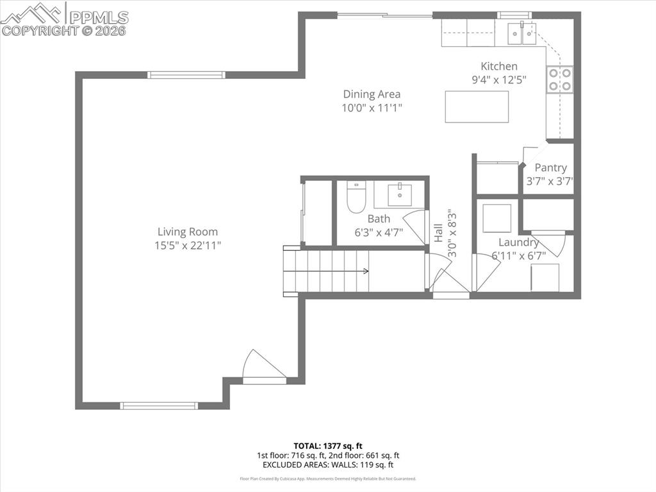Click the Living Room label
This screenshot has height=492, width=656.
(x=188, y=232)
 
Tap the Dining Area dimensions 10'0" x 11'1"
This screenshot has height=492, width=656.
(x=372, y=108)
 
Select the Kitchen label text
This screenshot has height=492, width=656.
(x=499, y=66)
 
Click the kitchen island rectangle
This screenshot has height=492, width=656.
(x=477, y=106)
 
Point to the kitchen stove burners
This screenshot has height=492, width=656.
(x=560, y=80)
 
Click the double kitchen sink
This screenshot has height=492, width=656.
(x=522, y=33)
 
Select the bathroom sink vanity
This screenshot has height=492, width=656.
(x=400, y=194)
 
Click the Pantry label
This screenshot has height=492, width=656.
(x=550, y=167)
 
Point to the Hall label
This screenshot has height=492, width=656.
(x=438, y=232)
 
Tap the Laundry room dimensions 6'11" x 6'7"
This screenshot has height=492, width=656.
(x=519, y=255)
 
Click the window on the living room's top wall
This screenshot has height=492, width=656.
(x=186, y=75)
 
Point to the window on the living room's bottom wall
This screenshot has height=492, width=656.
(x=160, y=405)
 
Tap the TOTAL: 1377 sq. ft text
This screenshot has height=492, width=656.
(x=328, y=445)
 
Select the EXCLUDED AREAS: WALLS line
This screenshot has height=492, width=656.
(x=328, y=464)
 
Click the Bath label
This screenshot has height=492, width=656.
(x=379, y=219)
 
